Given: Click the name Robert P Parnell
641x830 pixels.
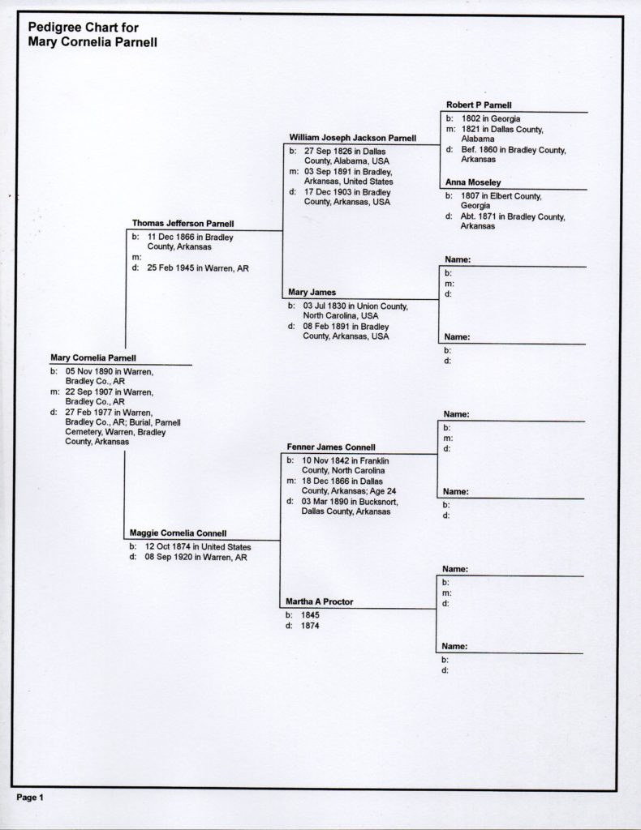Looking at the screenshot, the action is [x=479, y=105].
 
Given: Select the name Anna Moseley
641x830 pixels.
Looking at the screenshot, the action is [x=472, y=182].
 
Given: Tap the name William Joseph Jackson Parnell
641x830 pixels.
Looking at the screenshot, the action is [x=352, y=138].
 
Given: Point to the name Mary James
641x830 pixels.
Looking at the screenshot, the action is [x=312, y=292].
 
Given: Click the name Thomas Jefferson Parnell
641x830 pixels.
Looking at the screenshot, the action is [x=183, y=224].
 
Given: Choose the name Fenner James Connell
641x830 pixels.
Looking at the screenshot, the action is [x=330, y=447].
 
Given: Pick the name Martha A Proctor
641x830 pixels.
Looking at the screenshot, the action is [x=319, y=601].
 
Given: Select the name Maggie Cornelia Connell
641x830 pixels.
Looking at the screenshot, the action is [x=178, y=533].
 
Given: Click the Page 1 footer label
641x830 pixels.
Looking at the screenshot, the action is [x=30, y=798].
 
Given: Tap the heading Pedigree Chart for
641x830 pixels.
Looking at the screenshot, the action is [x=84, y=27].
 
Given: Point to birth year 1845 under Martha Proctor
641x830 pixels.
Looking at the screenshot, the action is [x=310, y=615].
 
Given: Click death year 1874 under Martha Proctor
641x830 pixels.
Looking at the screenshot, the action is [x=310, y=626].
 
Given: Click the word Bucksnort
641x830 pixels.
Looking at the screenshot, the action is [x=378, y=501].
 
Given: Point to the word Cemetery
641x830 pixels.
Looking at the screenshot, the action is [x=83, y=432].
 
